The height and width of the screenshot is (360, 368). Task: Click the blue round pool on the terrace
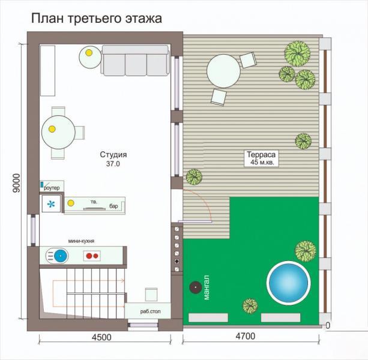pyautogui.click(x=288, y=283)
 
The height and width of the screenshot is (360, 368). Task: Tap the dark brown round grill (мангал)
pyautogui.click(x=196, y=287)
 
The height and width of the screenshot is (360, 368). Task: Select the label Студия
pyautogui.click(x=113, y=155)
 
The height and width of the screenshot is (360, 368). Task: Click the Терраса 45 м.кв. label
pyautogui.click(x=261, y=158)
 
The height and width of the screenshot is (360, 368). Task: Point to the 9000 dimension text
pyautogui.click(x=17, y=183)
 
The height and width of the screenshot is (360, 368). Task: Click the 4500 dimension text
pyautogui.click(x=101, y=337)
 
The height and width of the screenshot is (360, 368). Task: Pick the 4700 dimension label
pyautogui.click(x=246, y=337)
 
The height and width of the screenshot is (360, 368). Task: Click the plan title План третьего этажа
pyautogui.click(x=97, y=18)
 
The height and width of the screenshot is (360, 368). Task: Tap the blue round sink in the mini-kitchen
pyautogui.click(x=61, y=256)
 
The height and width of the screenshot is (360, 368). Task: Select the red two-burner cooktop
pyautogui.click(x=92, y=256)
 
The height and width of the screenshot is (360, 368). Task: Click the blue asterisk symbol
pyautogui.click(x=50, y=204)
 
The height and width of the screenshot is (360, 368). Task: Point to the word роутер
pyautogui.click(x=52, y=188)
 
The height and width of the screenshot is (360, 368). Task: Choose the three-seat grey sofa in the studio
pyautogui.click(x=136, y=61)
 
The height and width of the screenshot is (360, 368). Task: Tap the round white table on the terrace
pyautogui.click(x=223, y=71)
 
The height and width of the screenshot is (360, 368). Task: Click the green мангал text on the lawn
pyautogui.click(x=207, y=287)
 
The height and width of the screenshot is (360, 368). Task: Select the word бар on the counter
pyautogui.click(x=113, y=206)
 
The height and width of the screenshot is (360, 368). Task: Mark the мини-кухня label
pyautogui.click(x=81, y=241)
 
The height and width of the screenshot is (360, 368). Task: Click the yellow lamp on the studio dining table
pyautogui.click(x=52, y=129)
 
